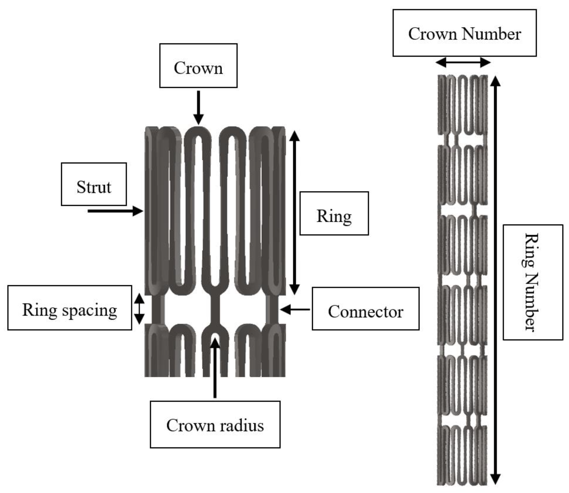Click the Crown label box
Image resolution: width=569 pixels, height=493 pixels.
click(x=198, y=66)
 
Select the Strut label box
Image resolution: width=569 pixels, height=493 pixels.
click(x=94, y=184)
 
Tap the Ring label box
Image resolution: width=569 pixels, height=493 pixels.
click(x=334, y=214)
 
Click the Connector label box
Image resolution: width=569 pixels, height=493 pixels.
click(x=365, y=309)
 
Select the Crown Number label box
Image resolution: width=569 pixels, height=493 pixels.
click(x=464, y=33)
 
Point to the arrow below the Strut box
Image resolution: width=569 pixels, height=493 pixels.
click(x=116, y=211)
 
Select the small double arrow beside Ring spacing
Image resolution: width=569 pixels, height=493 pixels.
click(x=139, y=309)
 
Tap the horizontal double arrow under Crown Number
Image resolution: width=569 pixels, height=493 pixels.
click(x=463, y=63)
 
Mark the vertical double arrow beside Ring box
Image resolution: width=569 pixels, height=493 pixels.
click(x=294, y=212)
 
